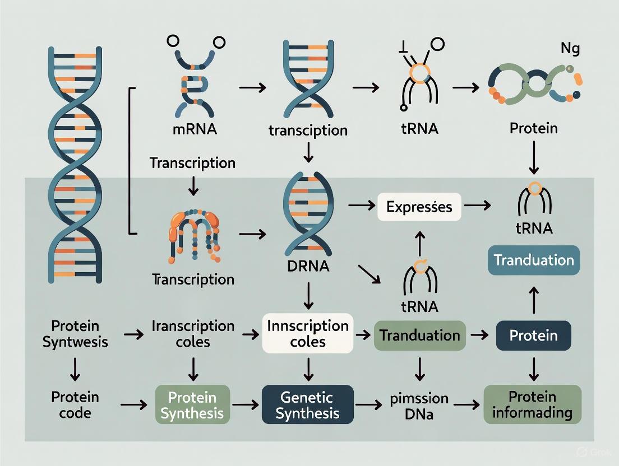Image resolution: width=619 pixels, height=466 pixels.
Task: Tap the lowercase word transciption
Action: pyautogui.click(x=308, y=131)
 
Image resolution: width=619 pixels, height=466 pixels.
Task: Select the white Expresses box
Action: pyautogui.click(x=419, y=207)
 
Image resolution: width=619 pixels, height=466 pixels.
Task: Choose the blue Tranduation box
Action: pyautogui.click(x=534, y=260)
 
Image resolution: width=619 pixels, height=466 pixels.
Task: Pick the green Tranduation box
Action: pyautogui.click(x=419, y=335)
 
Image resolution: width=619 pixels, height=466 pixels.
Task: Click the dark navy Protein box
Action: pyautogui.click(x=534, y=335)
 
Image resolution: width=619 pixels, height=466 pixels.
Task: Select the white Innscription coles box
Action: pyautogui.click(x=308, y=334)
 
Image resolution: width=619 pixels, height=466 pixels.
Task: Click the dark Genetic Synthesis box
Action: pyautogui.click(x=308, y=405)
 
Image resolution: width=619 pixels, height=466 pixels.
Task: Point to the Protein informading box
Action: pyautogui.click(x=532, y=405)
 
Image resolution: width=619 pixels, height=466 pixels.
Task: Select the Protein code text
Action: pyautogui.click(x=75, y=405)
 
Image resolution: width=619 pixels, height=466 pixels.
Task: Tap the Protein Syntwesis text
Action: pyautogui.click(x=75, y=334)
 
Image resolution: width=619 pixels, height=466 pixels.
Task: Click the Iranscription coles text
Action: pyautogui.click(x=193, y=334)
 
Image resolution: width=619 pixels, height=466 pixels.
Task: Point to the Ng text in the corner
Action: pyautogui.click(x=570, y=49)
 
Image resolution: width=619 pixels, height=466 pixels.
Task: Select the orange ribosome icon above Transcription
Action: pyautogui.click(x=192, y=235)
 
